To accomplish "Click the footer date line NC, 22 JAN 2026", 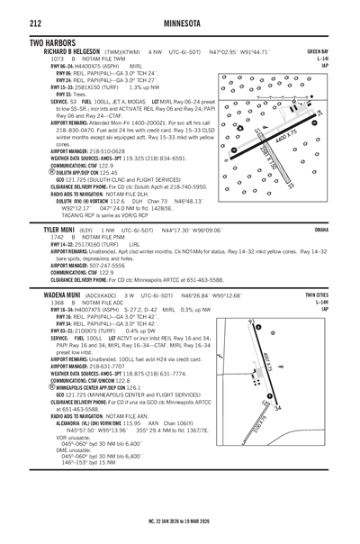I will click(x=180, y=521).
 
